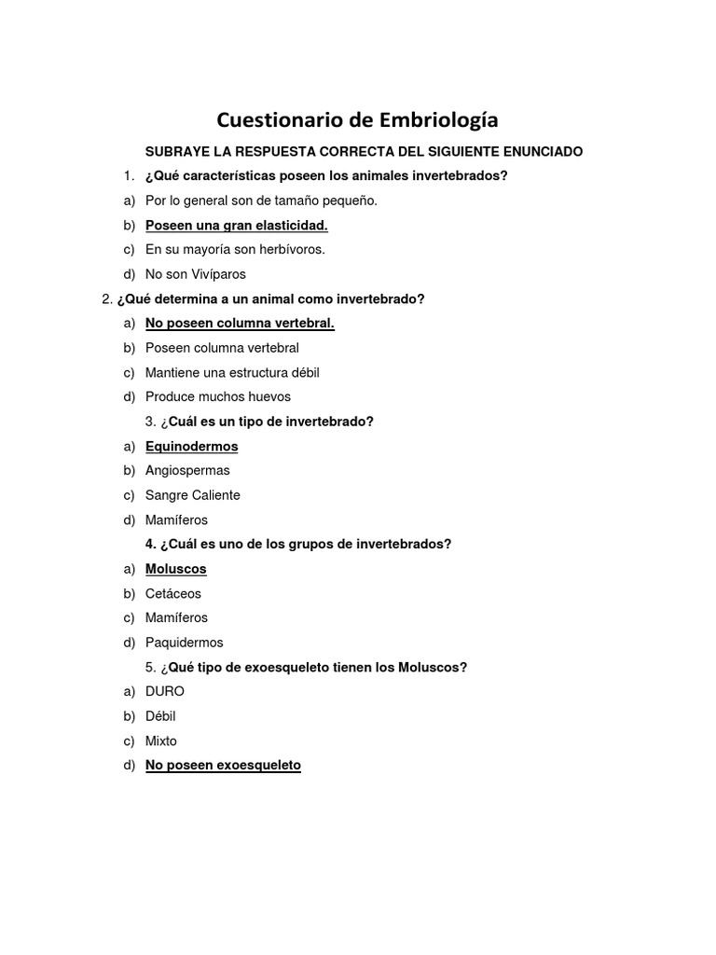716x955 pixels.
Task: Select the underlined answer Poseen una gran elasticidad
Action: point(236,225)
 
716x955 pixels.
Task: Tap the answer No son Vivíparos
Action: point(195,274)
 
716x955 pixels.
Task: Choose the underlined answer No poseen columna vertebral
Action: point(240,323)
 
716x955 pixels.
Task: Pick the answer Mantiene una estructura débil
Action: point(232,372)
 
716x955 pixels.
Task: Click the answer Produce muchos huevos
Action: point(218,396)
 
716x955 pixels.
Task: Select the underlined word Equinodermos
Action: point(191,446)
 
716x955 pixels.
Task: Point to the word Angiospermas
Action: point(187,470)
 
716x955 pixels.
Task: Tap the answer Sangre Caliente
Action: point(192,495)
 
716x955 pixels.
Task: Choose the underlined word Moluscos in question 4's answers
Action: point(175,569)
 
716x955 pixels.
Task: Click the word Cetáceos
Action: point(173,593)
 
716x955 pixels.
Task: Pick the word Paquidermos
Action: point(184,643)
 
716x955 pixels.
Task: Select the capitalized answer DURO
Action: point(165,691)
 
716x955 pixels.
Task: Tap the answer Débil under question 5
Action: point(160,716)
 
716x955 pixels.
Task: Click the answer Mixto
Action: point(160,740)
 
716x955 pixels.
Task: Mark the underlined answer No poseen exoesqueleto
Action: point(223,765)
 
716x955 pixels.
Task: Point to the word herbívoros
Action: point(293,249)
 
